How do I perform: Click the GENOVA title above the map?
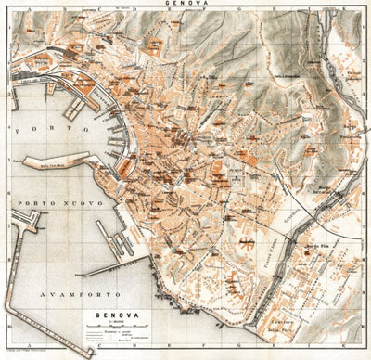coord(186,5)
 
